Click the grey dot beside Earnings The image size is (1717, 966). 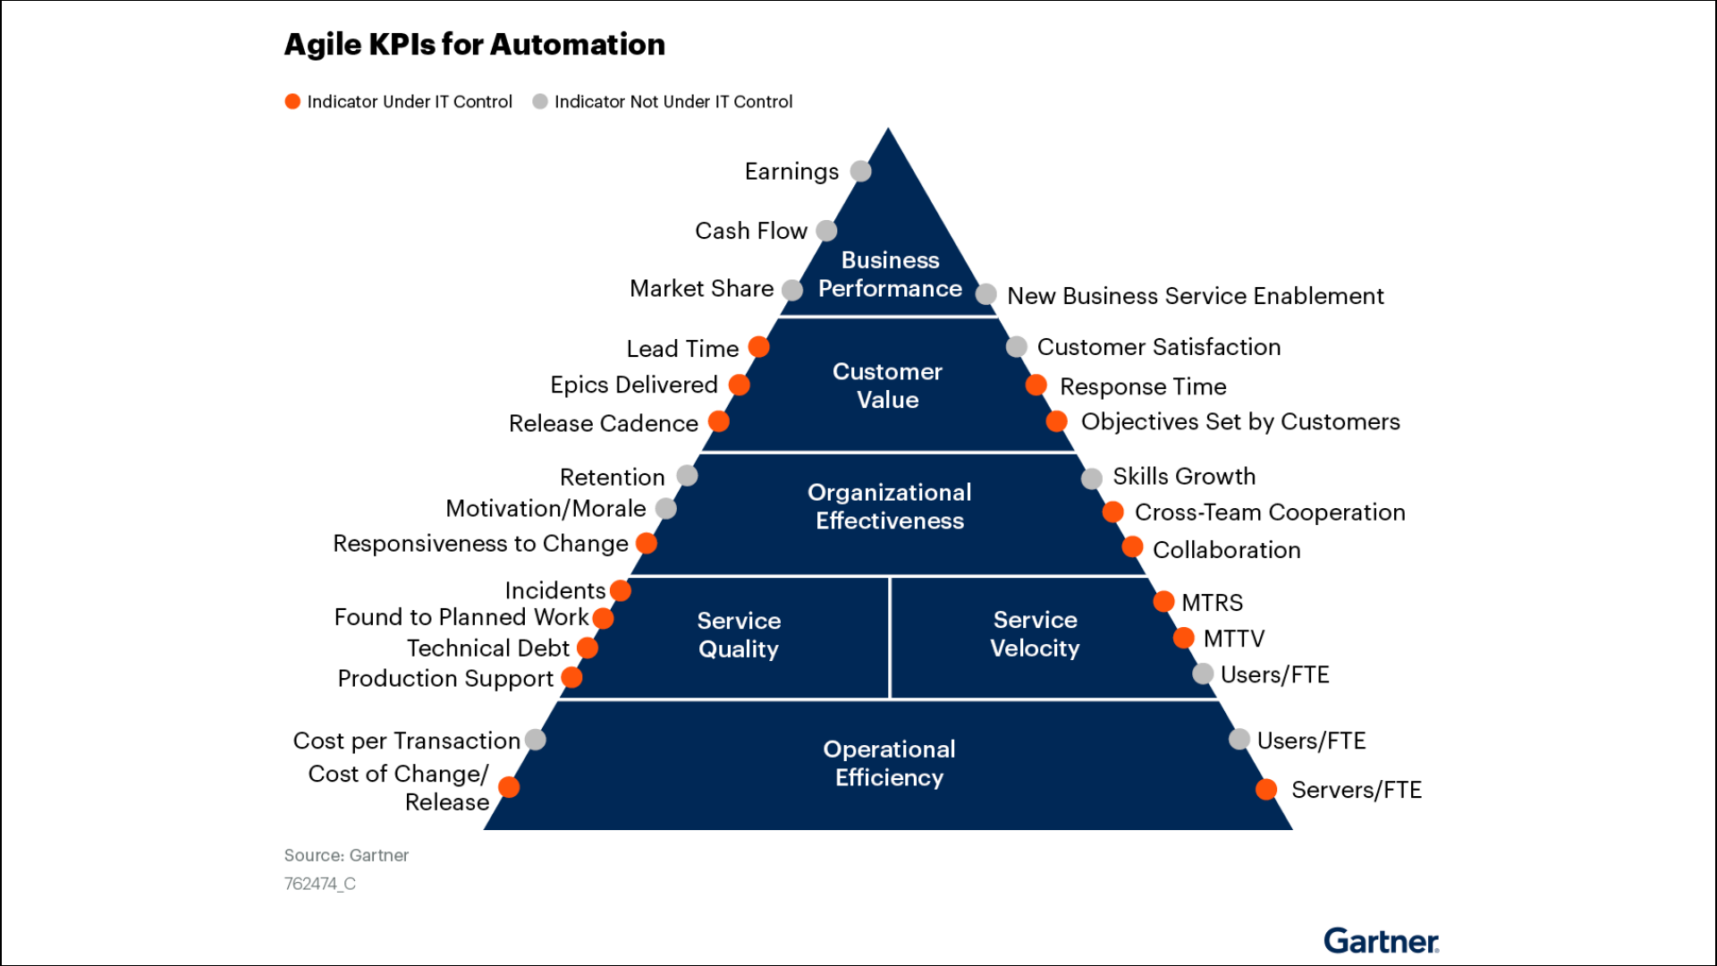point(860,171)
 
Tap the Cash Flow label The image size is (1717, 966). point(751,231)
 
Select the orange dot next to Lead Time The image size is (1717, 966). point(758,347)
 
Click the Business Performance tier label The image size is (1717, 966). point(890,275)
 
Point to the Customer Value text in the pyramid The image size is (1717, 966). point(887,386)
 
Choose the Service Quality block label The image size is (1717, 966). point(739,635)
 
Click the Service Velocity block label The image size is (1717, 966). point(1035,634)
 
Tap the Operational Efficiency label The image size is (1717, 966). point(889,763)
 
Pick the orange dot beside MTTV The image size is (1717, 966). point(1183,638)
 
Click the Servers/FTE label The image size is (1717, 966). point(1357,790)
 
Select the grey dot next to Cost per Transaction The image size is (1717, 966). point(536,740)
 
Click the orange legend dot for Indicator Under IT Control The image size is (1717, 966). point(292,102)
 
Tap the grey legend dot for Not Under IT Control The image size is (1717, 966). point(540,102)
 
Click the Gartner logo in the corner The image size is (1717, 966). point(1382,941)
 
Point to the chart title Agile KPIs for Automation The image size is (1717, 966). point(475,45)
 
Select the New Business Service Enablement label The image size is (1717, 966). point(1196,296)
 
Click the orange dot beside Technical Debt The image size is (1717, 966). point(588,648)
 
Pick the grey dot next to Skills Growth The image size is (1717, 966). point(1091,479)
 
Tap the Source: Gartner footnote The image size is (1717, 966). point(346,856)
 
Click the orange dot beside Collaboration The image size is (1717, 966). point(1132,547)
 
